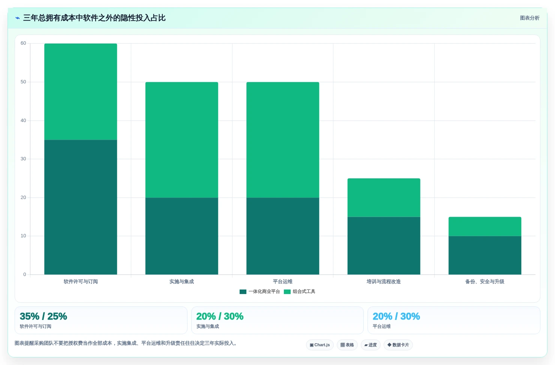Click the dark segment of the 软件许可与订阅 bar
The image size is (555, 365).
coord(81,207)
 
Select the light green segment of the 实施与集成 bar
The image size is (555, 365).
coord(181,140)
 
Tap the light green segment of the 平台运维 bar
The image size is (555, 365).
coord(283,140)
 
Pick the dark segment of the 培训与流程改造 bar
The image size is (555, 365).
coord(384,246)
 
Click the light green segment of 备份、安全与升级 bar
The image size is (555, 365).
coord(485,226)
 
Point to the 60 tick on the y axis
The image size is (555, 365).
coord(23,43)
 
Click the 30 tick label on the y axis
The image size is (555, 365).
coord(23,159)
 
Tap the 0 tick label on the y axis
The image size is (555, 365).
coord(24,275)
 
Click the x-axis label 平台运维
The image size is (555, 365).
coord(283,282)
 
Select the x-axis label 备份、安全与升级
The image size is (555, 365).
coord(485,282)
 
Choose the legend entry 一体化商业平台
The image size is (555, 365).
coord(259,291)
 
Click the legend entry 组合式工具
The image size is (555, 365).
coord(300,291)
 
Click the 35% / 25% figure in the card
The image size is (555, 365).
coord(43,316)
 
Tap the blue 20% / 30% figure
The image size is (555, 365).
coord(396,316)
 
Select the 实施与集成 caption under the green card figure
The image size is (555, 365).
coord(208,327)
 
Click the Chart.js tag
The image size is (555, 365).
coord(319,345)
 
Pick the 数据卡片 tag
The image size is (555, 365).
coord(398,345)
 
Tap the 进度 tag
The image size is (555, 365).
coord(370,345)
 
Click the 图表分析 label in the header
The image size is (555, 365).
coord(530,18)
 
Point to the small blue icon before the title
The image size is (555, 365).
coord(18,18)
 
